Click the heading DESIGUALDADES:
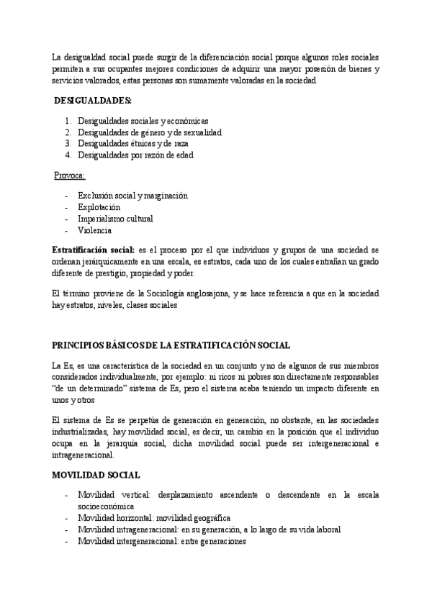click(x=93, y=100)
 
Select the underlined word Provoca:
click(x=70, y=175)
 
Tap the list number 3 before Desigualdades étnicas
click(x=68, y=143)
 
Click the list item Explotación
click(x=99, y=206)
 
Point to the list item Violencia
click(x=94, y=229)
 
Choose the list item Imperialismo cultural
click(x=114, y=218)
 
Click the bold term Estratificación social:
click(x=93, y=249)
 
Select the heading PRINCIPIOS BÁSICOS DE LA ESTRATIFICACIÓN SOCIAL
click(x=172, y=345)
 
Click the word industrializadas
click(x=84, y=431)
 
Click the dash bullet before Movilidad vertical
click(x=66, y=496)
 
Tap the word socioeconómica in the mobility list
click(x=107, y=506)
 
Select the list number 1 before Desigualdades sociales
click(x=68, y=121)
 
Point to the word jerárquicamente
click(x=121, y=261)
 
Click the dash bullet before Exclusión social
click(x=66, y=195)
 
